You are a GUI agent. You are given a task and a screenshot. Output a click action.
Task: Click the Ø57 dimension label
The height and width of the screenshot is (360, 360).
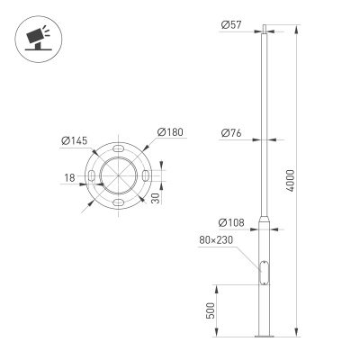[x=230, y=24]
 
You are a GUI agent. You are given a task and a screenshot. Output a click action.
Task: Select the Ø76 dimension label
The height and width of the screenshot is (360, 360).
[x=230, y=133]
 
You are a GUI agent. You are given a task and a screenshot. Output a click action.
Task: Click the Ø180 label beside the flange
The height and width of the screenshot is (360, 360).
[x=170, y=133]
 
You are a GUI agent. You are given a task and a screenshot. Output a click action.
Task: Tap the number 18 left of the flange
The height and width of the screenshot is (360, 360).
[x=69, y=178]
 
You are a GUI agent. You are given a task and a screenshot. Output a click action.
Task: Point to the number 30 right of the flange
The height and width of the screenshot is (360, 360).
[x=157, y=196]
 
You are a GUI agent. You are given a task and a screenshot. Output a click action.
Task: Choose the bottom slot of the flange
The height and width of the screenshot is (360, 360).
[x=119, y=205]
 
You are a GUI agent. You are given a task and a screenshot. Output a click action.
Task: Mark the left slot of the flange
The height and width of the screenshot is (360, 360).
[x=91, y=176]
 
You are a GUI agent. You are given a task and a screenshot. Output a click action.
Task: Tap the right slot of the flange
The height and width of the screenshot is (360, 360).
[x=147, y=176]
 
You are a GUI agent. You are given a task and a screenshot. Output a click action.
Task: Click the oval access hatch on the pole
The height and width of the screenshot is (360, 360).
[x=264, y=270]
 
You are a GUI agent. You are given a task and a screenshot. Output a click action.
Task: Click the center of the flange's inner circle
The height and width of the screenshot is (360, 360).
[x=119, y=176]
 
